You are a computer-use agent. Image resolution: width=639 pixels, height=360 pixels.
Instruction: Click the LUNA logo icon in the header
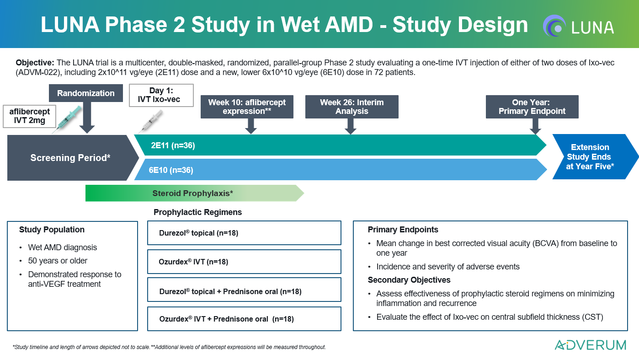tap(554, 26)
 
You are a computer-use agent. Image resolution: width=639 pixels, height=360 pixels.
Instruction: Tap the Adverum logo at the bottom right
tap(590, 345)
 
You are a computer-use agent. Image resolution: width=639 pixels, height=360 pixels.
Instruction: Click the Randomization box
tap(86, 93)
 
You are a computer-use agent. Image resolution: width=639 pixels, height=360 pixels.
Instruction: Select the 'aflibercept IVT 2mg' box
tap(30, 116)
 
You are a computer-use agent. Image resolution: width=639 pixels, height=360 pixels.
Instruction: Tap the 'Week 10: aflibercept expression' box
tap(247, 107)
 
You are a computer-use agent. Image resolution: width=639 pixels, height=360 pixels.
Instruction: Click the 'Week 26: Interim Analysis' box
tap(351, 107)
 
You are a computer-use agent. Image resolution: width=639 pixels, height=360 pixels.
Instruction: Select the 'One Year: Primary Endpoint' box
tap(532, 107)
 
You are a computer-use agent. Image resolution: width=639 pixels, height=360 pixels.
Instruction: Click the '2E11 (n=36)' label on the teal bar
tap(173, 145)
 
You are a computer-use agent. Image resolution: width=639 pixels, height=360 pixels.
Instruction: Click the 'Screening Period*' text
tap(71, 158)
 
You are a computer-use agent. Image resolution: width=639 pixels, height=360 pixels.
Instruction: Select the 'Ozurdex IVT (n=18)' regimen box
tap(244, 262)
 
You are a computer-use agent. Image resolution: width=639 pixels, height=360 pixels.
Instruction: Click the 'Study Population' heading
tap(52, 230)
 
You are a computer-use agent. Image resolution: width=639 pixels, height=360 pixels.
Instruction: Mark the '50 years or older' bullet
tap(58, 261)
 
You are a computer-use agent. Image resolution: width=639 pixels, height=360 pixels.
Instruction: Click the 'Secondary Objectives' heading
tap(409, 280)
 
